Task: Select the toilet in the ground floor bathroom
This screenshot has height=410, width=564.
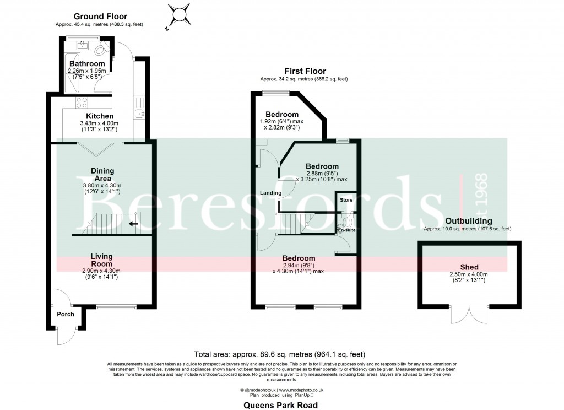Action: point(101,50)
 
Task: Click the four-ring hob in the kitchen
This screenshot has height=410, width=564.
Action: point(82,102)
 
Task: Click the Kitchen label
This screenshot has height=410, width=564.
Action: point(97,116)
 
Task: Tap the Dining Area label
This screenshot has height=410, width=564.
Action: point(102,175)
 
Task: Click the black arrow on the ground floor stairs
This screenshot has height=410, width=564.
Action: point(133,224)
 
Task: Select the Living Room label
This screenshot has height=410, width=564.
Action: point(102,260)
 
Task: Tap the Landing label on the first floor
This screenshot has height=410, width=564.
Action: point(271,193)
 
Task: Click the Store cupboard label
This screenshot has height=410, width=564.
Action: point(346,200)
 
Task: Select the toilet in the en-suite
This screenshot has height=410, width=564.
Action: point(346,222)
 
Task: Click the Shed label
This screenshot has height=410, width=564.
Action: point(469,267)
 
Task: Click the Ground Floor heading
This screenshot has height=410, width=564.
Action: point(100,17)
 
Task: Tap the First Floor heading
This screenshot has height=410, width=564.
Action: point(305,71)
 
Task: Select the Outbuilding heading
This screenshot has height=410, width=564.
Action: point(468,221)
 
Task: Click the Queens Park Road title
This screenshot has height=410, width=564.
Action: point(281,405)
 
